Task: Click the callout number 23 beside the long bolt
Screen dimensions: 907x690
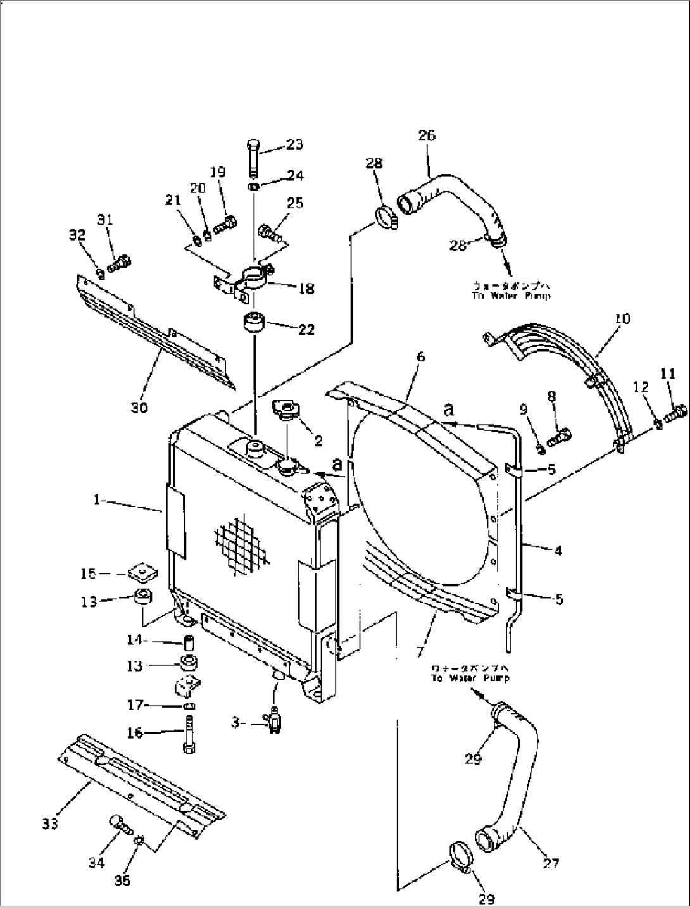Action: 294,145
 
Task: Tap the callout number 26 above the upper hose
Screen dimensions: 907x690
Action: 427,135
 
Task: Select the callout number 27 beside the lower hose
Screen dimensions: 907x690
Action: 551,863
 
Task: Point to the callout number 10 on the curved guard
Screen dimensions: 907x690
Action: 623,318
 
